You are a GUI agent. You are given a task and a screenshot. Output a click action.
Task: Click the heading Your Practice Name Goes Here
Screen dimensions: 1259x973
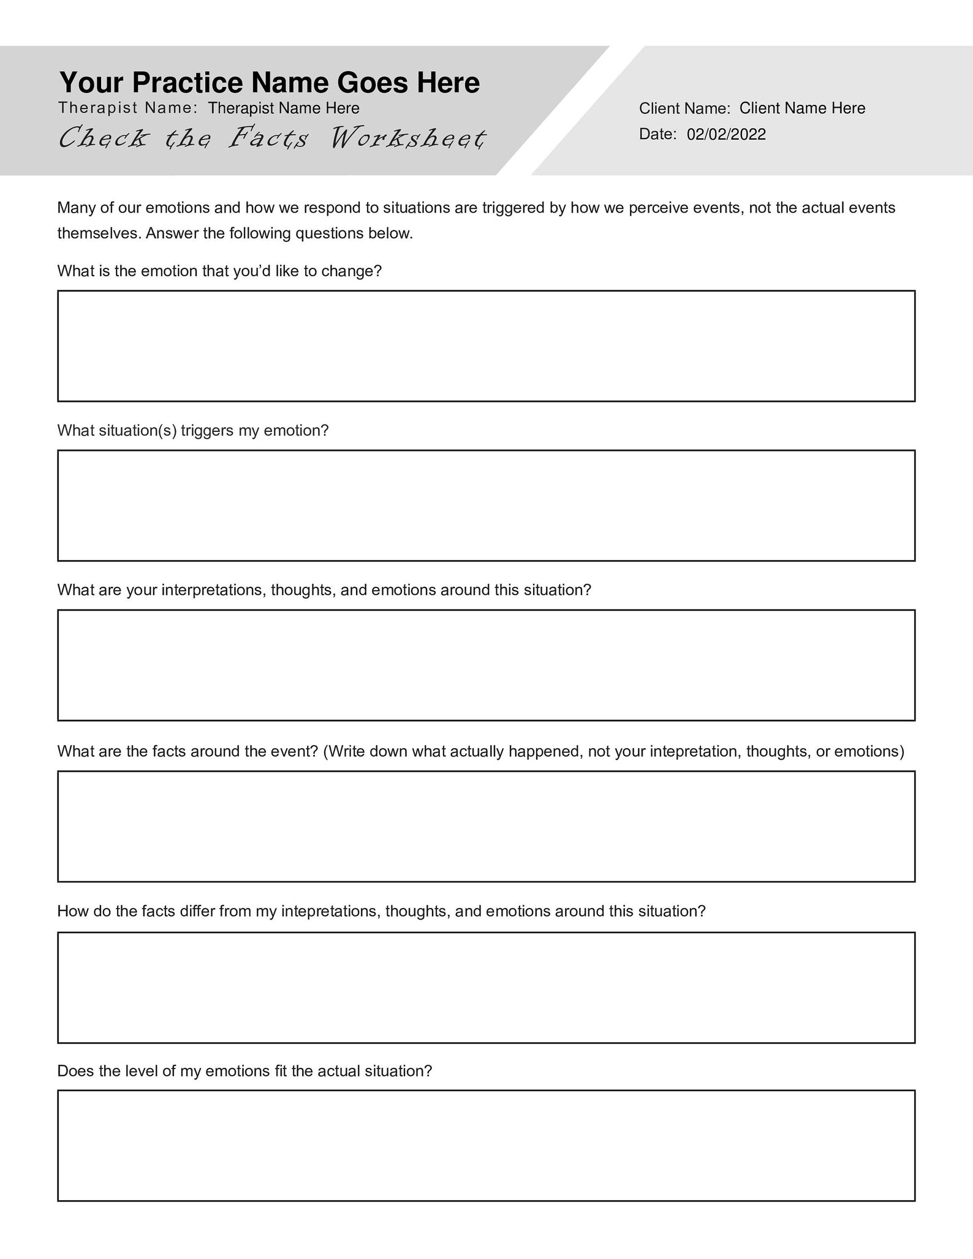pos(269,83)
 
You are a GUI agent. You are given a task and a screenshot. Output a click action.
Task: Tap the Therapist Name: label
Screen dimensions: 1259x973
pos(127,108)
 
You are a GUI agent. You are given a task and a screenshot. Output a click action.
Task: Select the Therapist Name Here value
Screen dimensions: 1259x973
pos(283,108)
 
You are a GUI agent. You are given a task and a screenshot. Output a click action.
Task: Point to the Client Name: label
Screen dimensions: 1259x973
pos(684,108)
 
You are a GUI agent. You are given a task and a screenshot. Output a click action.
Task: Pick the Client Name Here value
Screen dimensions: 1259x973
pos(802,108)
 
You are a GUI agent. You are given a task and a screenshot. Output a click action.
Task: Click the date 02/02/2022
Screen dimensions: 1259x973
pos(726,135)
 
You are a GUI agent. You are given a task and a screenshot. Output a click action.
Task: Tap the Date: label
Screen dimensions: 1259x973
pos(657,135)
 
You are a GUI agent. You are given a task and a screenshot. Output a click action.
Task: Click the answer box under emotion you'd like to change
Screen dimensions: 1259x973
pos(486,346)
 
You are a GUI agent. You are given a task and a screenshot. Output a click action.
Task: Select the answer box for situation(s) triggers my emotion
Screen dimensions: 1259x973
pos(486,505)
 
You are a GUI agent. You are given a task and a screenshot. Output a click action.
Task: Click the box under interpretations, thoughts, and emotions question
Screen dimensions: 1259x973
pos(486,665)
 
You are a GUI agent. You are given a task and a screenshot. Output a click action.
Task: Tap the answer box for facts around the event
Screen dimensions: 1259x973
pos(486,826)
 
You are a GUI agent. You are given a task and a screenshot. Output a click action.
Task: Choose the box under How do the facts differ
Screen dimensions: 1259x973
pos(486,988)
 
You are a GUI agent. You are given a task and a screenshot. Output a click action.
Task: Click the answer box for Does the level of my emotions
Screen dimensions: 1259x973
pos(486,1146)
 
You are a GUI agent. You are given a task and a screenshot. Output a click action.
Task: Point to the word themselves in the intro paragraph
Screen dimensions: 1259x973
pos(99,234)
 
